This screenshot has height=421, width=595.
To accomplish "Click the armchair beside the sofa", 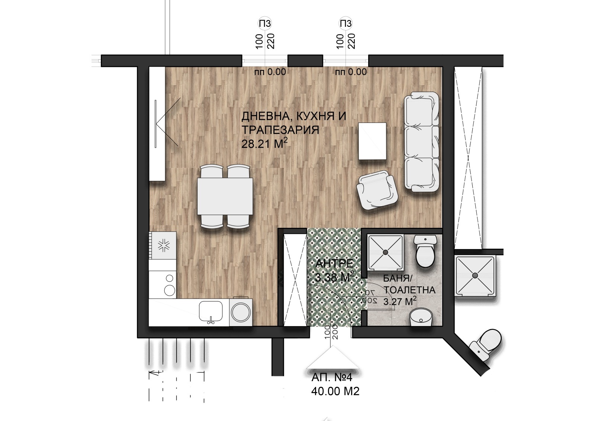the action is (x=377, y=189).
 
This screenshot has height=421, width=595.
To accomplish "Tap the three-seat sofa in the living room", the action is (x=422, y=142).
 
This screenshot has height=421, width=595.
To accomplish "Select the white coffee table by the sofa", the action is (x=372, y=141).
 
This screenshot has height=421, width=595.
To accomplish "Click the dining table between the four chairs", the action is (x=225, y=196).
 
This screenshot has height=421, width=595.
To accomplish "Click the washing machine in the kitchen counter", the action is (x=241, y=312).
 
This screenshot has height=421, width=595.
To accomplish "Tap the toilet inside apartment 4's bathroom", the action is (x=425, y=251).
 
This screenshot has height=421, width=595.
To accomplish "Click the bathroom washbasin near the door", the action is (x=421, y=317).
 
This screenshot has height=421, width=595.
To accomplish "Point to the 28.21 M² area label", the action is (x=264, y=144).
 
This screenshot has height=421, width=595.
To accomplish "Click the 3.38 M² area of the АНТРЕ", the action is (x=334, y=277).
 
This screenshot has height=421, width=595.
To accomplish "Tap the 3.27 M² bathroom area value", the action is (x=399, y=302).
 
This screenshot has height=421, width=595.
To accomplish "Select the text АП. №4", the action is (x=332, y=377).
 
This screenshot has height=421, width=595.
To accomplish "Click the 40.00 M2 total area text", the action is (x=335, y=391).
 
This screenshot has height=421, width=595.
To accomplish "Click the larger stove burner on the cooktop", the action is (x=170, y=290).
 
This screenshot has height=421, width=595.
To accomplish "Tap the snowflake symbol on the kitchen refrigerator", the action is (x=164, y=245).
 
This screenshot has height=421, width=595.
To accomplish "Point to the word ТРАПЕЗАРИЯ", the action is (x=280, y=130).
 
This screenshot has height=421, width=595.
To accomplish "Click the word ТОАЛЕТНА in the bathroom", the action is (x=409, y=290).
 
